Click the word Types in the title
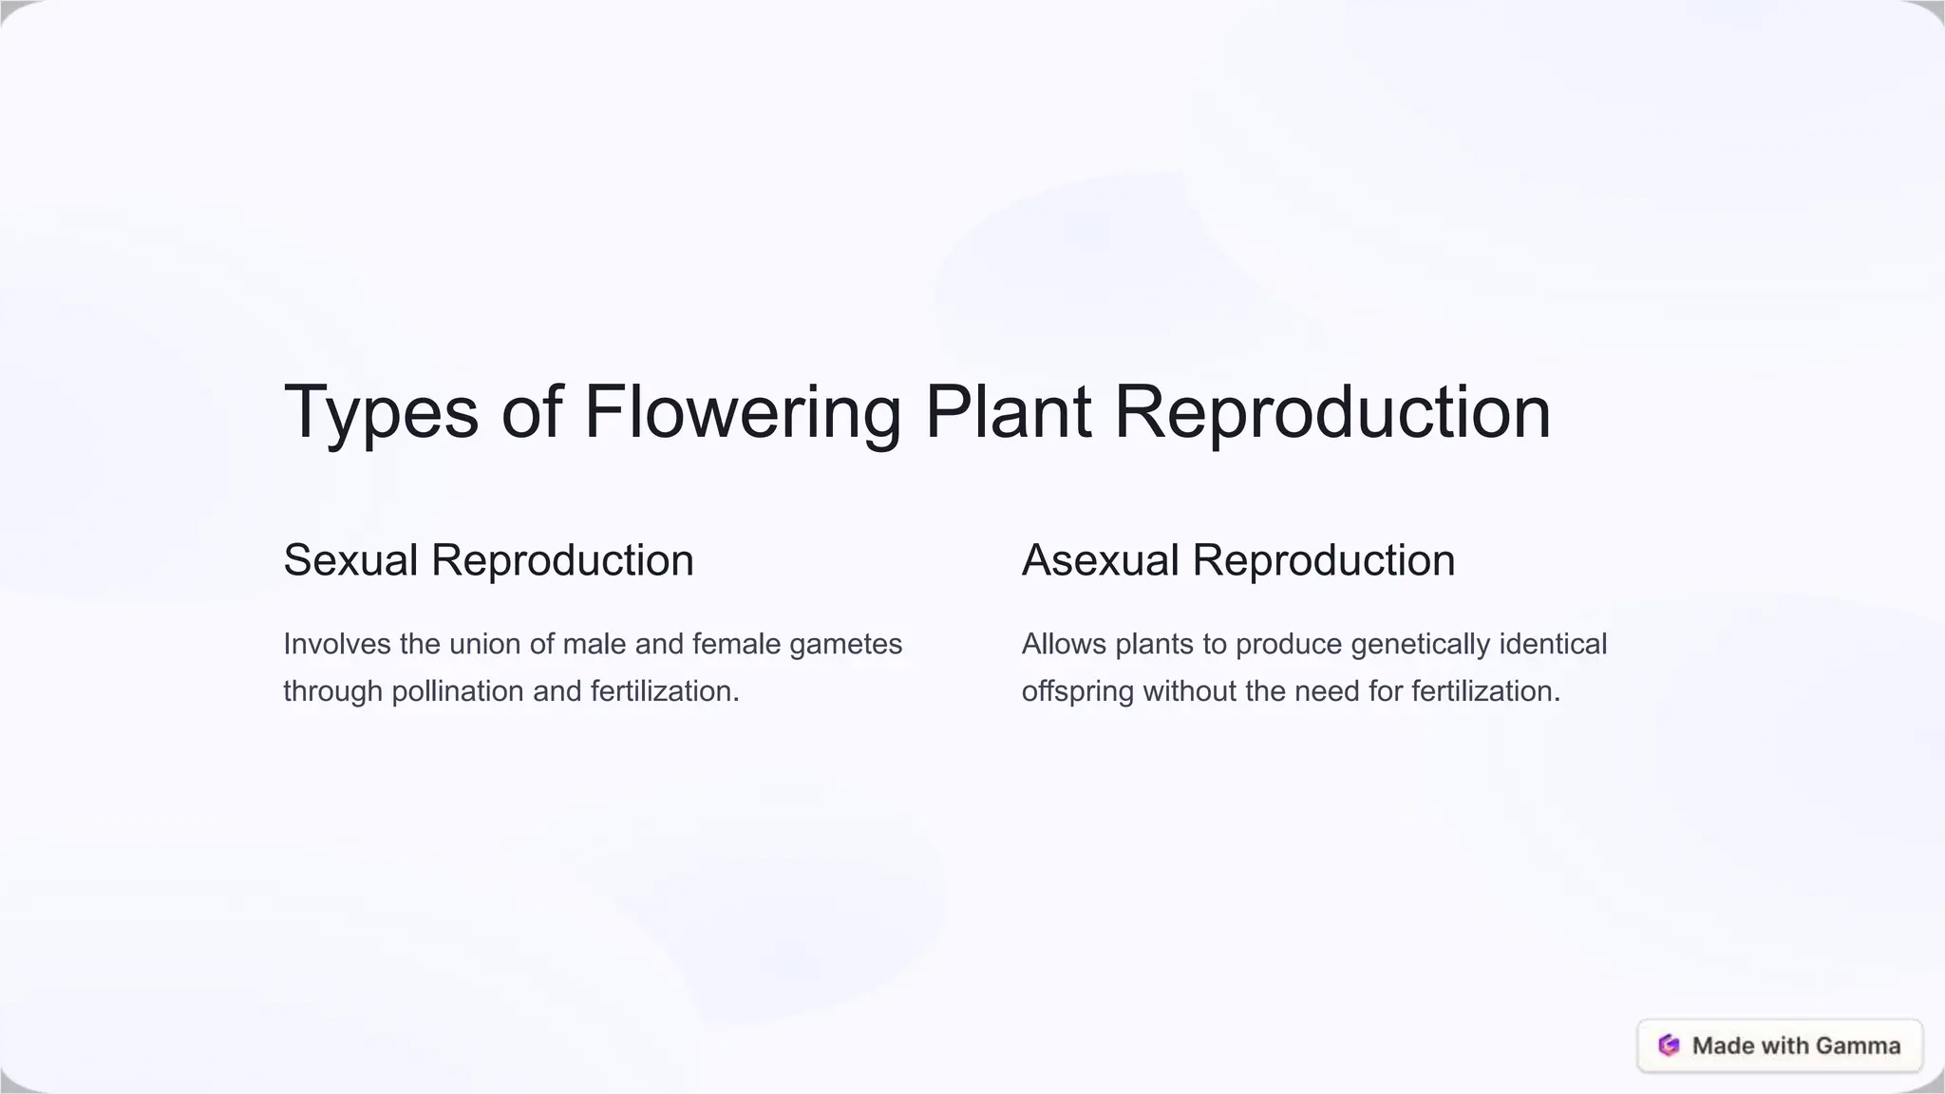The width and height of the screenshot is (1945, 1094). click(381, 412)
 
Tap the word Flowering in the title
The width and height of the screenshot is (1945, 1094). click(742, 412)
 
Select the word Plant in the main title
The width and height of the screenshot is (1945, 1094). click(1008, 412)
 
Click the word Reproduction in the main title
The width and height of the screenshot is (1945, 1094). click(1331, 412)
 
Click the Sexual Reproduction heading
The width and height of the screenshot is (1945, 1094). click(488, 560)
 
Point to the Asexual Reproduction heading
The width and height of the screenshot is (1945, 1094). click(1237, 560)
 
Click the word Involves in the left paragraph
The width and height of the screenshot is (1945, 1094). click(337, 644)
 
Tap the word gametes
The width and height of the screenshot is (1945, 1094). click(845, 644)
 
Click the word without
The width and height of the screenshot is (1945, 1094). click(1189, 691)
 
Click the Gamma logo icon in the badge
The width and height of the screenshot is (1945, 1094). click(1669, 1046)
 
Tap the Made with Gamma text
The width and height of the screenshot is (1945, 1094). click(1796, 1046)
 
